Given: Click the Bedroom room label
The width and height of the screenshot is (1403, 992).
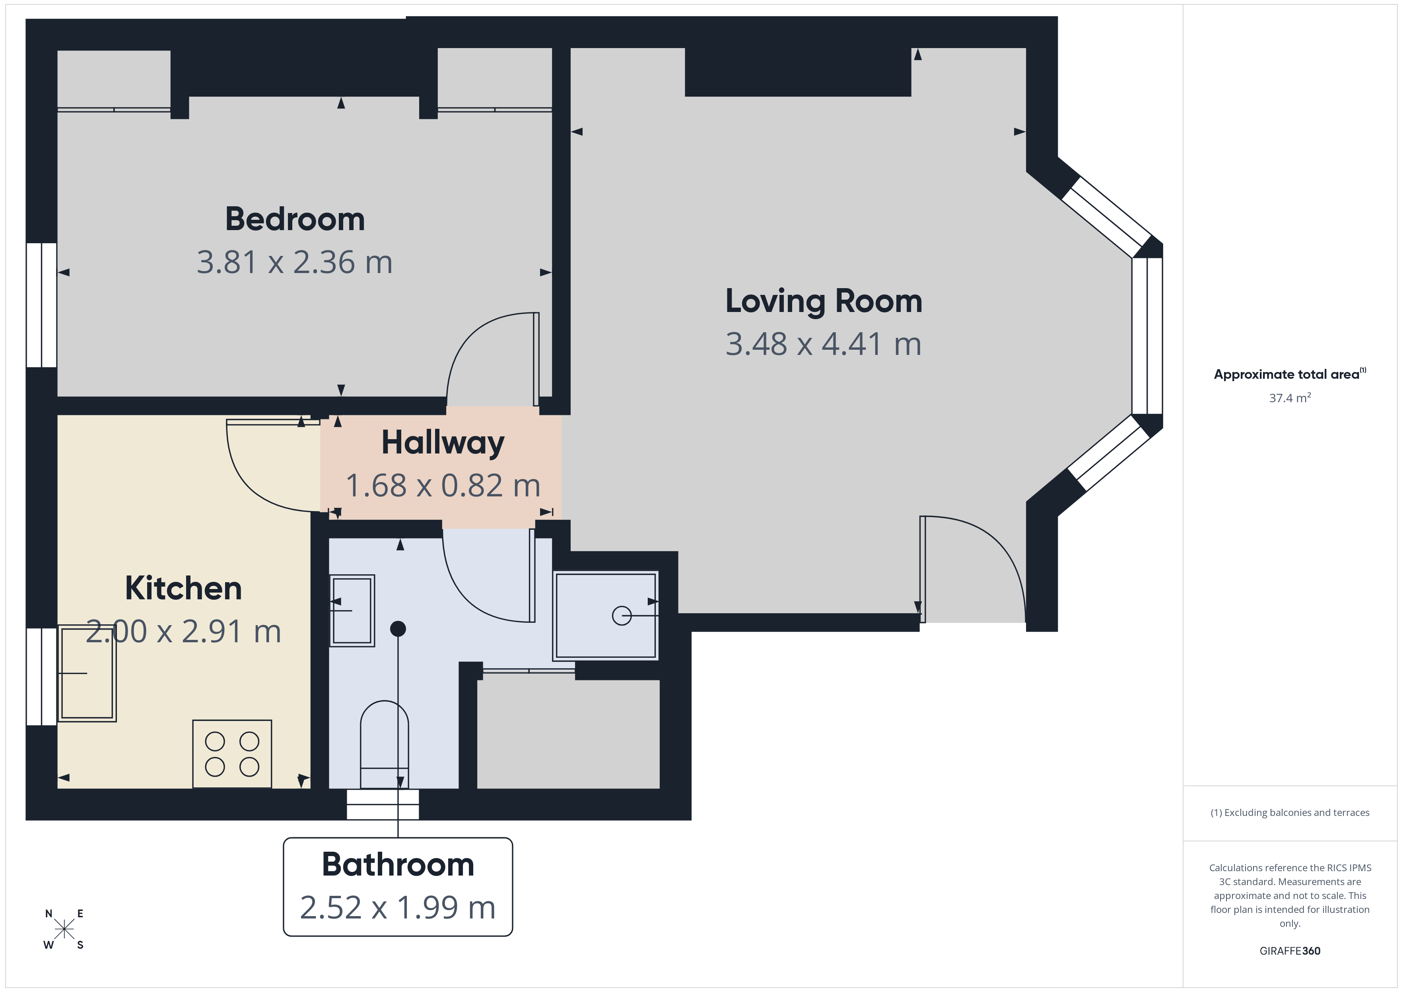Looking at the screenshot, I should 295,219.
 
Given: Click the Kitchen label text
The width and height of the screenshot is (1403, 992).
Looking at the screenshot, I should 183,588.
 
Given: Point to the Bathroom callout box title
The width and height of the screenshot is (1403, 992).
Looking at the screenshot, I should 398,864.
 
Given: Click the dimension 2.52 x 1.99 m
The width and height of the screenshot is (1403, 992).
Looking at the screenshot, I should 398,908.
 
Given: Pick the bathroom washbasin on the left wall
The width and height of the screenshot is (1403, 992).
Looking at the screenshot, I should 352,610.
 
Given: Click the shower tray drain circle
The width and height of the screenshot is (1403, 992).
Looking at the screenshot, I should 622,615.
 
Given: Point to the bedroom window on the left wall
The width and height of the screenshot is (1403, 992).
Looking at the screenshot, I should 41,305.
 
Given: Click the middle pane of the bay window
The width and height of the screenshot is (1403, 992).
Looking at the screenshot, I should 1147,336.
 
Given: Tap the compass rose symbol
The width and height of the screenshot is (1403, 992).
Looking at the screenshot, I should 64,930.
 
